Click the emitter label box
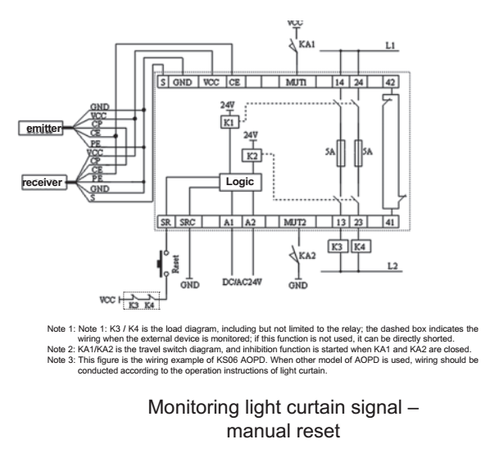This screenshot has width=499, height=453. [42, 128]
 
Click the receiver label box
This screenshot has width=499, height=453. [43, 182]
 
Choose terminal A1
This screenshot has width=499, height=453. [233, 223]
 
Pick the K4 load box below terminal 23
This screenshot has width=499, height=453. [361, 246]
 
